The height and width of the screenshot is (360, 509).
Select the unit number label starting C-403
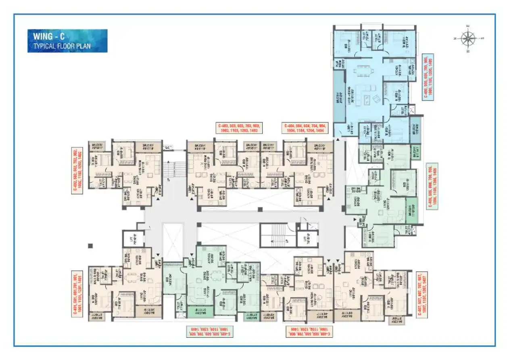(x=239, y=128)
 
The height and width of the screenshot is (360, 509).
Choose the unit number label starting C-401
(x=75, y=295)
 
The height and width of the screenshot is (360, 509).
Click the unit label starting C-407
(x=422, y=294)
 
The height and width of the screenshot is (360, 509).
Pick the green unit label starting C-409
(x=209, y=332)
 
